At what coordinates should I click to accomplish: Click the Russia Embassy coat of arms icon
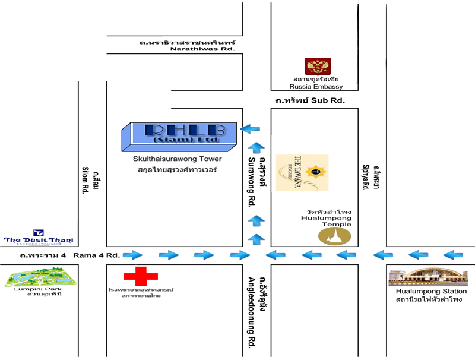click(x=313, y=67)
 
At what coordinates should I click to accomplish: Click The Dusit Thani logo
click(x=39, y=237)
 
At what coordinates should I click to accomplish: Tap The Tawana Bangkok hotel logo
click(x=311, y=173)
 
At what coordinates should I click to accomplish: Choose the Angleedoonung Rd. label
click(x=252, y=311)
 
